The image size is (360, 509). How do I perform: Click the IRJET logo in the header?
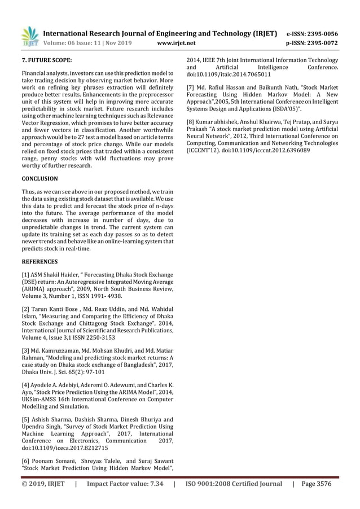tap(29, 37)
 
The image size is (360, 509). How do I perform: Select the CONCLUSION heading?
tap(39, 178)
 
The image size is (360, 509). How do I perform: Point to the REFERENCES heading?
tap(39, 261)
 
